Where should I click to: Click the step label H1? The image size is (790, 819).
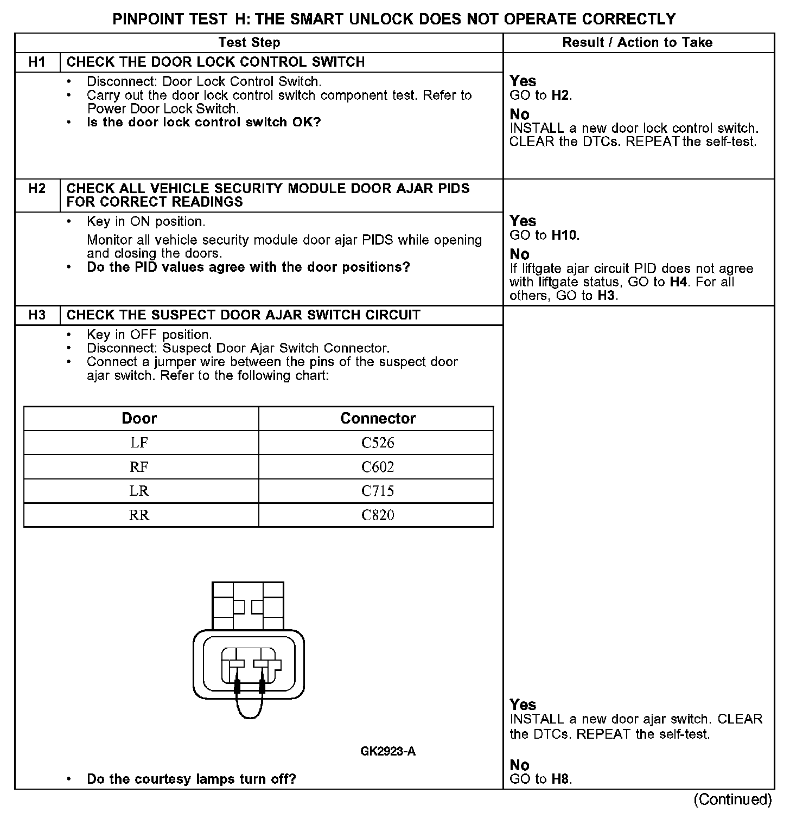[37, 62]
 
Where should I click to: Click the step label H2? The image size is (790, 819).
[37, 189]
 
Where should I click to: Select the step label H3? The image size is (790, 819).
[37, 315]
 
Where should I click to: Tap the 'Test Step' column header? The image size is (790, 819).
[249, 43]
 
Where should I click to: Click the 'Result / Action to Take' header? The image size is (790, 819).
[637, 43]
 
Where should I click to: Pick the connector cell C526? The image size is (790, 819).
[378, 443]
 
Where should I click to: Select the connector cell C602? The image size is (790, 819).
[378, 467]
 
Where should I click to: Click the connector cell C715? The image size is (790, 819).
[378, 491]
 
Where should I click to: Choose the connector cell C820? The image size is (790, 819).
[378, 515]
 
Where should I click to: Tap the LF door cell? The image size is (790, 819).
[139, 443]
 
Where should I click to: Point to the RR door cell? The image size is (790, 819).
[139, 515]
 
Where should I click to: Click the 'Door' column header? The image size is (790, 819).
[139, 419]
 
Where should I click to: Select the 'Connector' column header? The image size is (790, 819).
[378, 419]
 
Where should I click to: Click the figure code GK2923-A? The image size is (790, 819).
[388, 752]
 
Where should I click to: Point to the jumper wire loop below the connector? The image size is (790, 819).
[250, 715]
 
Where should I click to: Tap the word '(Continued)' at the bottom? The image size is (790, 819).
[732, 799]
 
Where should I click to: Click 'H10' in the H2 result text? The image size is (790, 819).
[565, 235]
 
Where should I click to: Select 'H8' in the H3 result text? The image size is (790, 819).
[561, 779]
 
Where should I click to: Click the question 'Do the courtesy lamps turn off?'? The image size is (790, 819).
[191, 779]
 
